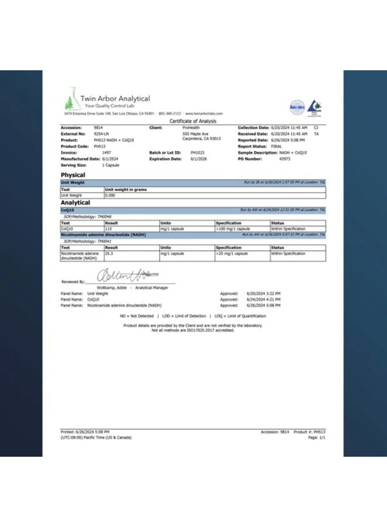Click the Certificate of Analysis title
pyautogui.click(x=193, y=121)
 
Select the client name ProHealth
pyautogui.click(x=191, y=127)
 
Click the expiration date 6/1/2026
pyautogui.click(x=190, y=158)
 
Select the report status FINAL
pyautogui.click(x=276, y=146)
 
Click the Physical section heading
pyautogui.click(x=73, y=175)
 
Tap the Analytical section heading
pyautogui.click(x=76, y=203)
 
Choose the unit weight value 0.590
pyautogui.click(x=110, y=195)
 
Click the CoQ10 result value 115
pyautogui.click(x=108, y=228)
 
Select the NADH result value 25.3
pyautogui.click(x=110, y=254)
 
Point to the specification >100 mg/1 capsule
pyautogui.click(x=233, y=228)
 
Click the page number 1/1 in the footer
pyautogui.click(x=321, y=437)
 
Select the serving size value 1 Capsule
pyautogui.click(x=111, y=165)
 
